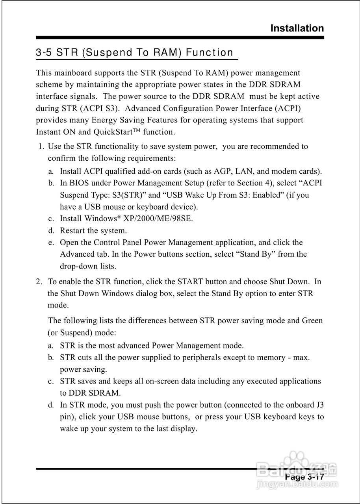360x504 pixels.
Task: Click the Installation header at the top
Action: (297, 28)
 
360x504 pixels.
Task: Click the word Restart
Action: (73, 231)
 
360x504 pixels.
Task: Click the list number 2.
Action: (39, 282)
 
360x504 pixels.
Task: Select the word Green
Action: (312, 321)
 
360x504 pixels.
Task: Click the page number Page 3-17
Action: (304, 477)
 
